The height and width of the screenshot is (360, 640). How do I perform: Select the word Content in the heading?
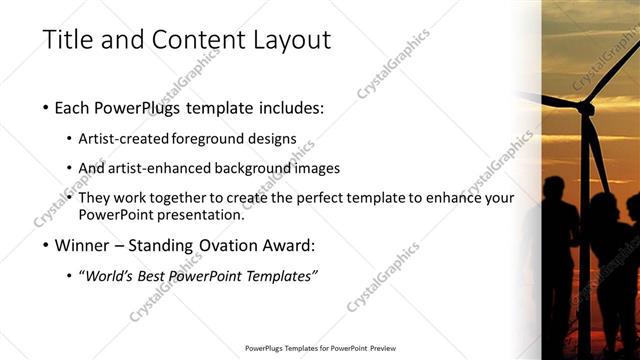point(192,40)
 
